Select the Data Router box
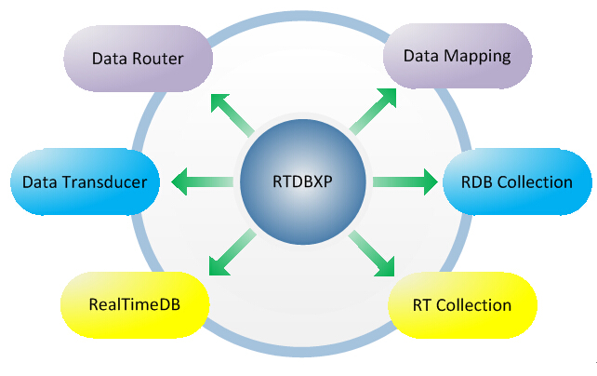point(138,59)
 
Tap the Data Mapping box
point(458,56)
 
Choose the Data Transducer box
point(85,181)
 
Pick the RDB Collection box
point(517,181)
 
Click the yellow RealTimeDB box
point(136,303)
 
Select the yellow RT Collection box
point(462,304)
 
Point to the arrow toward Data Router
point(231,111)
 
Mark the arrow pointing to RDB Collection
point(405,181)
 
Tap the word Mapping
point(478,56)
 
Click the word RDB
point(477,181)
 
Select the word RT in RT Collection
point(424,304)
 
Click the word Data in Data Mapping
point(420,56)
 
